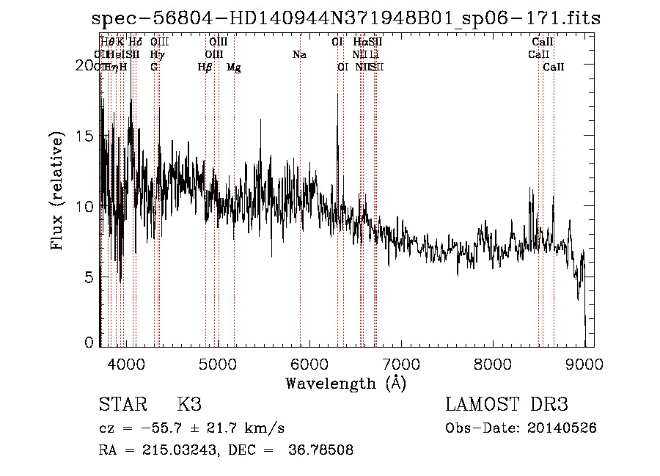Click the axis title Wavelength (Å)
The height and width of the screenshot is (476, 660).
(x=345, y=383)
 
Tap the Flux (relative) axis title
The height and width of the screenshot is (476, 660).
(x=57, y=190)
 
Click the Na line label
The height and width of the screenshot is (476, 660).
(x=299, y=55)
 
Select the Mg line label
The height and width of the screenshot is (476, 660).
(x=233, y=67)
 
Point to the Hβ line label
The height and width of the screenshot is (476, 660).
(x=205, y=67)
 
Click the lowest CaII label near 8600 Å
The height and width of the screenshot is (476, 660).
(x=554, y=67)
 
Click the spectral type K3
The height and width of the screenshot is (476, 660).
(x=189, y=405)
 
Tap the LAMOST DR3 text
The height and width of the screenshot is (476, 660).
(x=507, y=405)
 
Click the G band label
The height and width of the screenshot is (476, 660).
(x=154, y=67)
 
